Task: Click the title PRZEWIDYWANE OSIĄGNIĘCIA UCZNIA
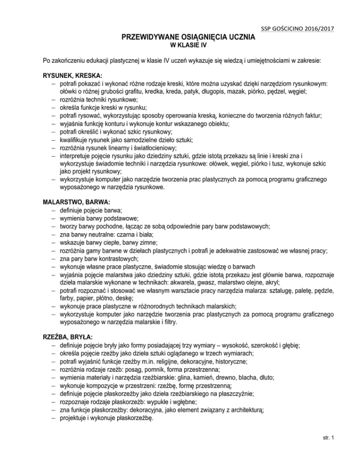180,37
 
